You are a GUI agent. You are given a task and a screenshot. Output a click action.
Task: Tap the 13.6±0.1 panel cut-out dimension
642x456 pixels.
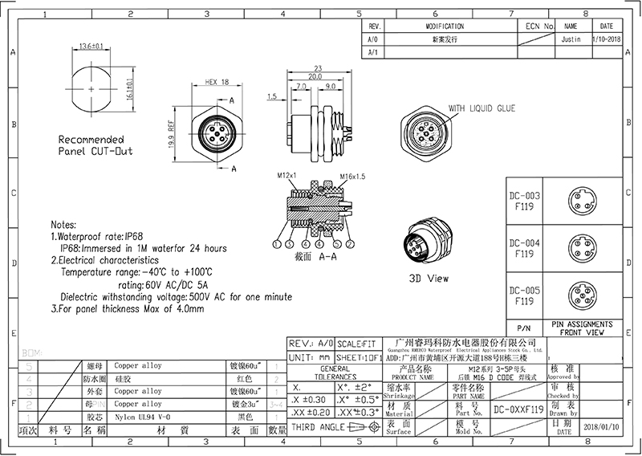click(91, 47)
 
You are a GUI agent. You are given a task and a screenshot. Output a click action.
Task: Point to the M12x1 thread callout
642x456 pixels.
click(288, 175)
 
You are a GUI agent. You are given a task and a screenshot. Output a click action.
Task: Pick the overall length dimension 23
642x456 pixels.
click(319, 67)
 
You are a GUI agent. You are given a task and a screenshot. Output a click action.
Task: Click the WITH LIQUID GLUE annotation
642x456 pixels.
click(481, 108)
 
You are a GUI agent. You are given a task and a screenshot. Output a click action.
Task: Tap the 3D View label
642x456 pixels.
click(428, 280)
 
